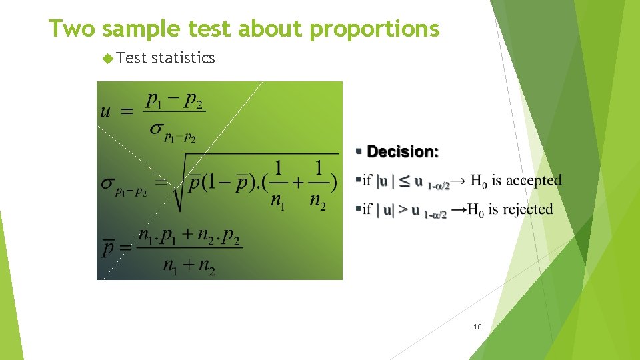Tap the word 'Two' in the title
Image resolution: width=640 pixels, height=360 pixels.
[x=73, y=29]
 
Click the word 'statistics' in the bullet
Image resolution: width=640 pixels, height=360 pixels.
[x=183, y=59]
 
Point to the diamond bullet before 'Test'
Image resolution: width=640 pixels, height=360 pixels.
[x=110, y=59]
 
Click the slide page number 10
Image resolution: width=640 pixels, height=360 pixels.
[x=477, y=327]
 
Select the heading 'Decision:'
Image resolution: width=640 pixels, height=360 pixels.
[x=403, y=152]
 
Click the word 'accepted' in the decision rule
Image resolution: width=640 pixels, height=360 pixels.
[x=534, y=180]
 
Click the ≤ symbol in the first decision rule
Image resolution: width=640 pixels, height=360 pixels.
[x=404, y=181]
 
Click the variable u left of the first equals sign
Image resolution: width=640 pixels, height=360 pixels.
[x=105, y=111]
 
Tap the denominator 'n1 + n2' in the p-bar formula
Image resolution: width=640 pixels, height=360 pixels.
[x=189, y=266]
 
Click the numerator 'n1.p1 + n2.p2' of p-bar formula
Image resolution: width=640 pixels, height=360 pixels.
[x=189, y=236]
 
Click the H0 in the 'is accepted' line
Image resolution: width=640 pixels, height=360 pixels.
[x=478, y=180]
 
